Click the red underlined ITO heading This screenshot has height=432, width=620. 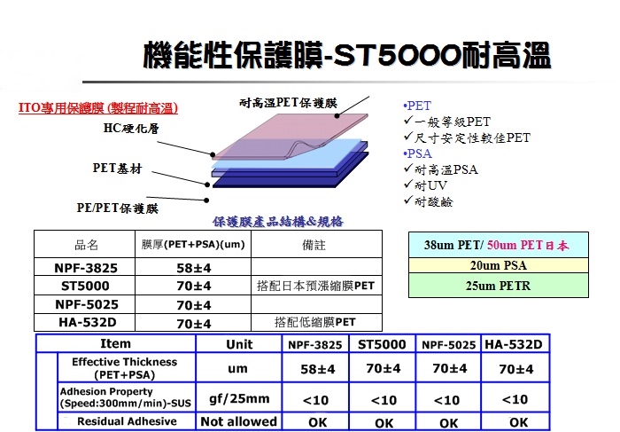pyautogui.click(x=98, y=108)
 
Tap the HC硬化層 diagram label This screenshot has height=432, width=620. pyautogui.click(x=131, y=128)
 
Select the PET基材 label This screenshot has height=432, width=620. pyautogui.click(x=117, y=169)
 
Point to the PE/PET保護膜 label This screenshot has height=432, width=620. pyautogui.click(x=118, y=208)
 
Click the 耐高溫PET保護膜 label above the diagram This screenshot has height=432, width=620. pyautogui.click(x=288, y=103)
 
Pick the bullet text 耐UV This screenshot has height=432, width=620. pyautogui.click(x=426, y=185)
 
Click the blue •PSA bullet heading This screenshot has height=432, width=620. pyautogui.click(x=417, y=153)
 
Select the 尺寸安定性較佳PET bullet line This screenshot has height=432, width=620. pyautogui.click(x=467, y=137)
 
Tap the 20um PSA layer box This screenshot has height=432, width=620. pyautogui.click(x=498, y=265)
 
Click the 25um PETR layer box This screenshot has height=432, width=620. pyautogui.click(x=498, y=286)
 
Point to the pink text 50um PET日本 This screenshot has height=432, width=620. pyautogui.click(x=528, y=245)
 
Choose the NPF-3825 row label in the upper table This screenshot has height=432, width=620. pyautogui.click(x=86, y=268)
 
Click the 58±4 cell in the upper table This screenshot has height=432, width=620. pyautogui.click(x=193, y=268)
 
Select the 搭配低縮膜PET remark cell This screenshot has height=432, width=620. pyautogui.click(x=315, y=322)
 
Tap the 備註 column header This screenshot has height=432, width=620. pyautogui.click(x=314, y=245)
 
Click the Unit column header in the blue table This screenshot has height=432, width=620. pyautogui.click(x=239, y=344)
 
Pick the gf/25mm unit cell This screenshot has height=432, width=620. pyautogui.click(x=239, y=399)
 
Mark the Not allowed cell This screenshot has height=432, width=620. pyautogui.click(x=239, y=421)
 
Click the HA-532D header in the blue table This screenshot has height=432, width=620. pyautogui.click(x=514, y=344)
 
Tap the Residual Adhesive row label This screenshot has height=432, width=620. pyautogui.click(x=127, y=421)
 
